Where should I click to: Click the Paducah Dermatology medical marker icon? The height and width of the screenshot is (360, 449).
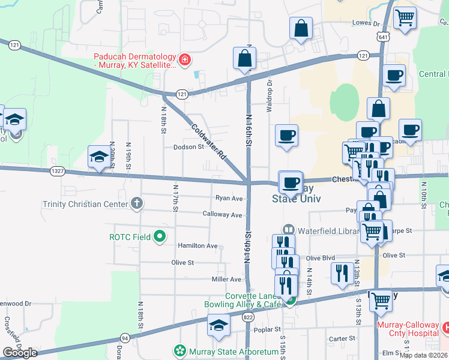click(184, 59)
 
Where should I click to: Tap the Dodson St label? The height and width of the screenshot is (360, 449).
click(189, 147)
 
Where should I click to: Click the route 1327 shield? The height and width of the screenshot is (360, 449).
click(58, 171)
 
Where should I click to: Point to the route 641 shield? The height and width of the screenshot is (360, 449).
click(383, 37)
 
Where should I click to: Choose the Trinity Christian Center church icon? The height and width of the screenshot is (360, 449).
click(137, 204)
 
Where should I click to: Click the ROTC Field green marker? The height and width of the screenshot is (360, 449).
click(160, 236)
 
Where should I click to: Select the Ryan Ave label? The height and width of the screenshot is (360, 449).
click(229, 199)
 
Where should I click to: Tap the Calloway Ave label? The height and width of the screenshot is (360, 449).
click(222, 215)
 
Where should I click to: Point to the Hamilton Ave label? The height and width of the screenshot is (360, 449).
click(197, 246)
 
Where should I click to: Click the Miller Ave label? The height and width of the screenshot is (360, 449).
click(226, 280)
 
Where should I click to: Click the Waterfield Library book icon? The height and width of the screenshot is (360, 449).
click(289, 229)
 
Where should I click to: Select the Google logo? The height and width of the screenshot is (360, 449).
click(20, 353)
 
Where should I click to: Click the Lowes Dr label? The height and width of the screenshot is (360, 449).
click(367, 24)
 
